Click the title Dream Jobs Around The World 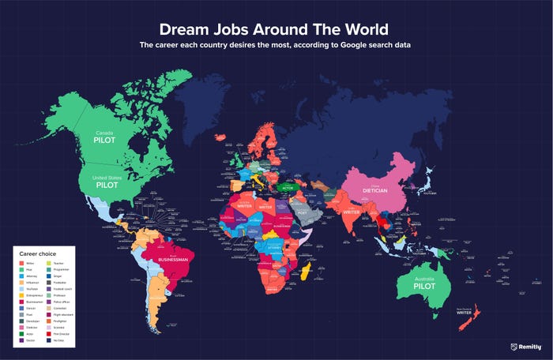tap(273, 29)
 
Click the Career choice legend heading tap(39, 254)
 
